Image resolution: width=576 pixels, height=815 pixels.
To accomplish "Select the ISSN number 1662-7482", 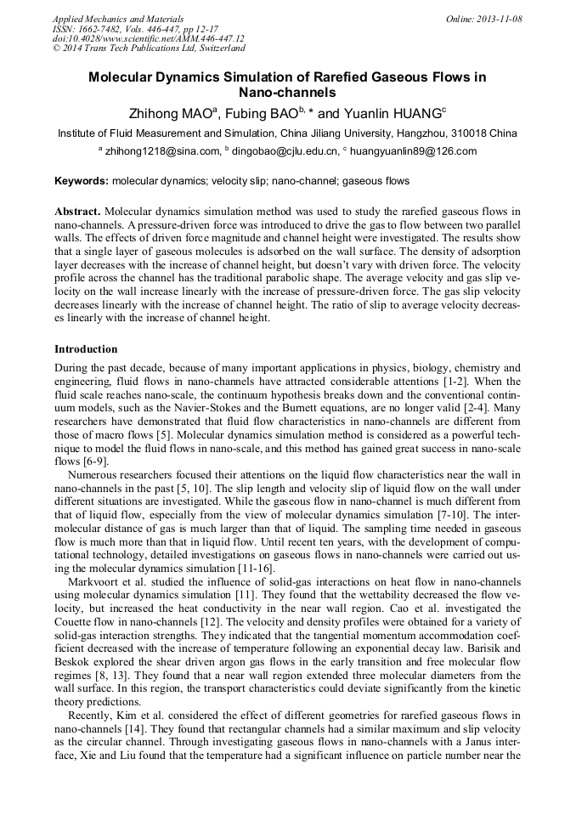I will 106,29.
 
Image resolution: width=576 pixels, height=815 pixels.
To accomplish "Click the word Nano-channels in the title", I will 287,93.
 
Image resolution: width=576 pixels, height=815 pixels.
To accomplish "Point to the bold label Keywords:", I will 82,181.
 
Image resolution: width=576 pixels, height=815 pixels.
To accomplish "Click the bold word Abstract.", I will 77,211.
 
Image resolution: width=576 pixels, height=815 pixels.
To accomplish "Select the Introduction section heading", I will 86,349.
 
